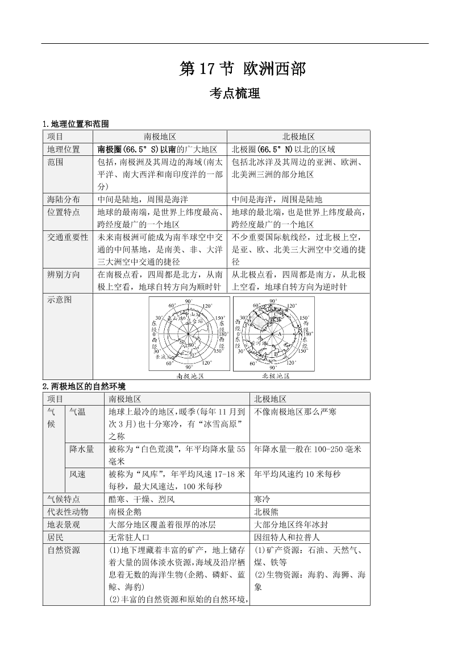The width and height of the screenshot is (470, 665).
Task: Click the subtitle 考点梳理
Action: point(235,94)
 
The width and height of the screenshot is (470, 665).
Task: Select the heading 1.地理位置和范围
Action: point(76,123)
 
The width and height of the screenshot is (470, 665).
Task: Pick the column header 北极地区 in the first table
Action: point(298,137)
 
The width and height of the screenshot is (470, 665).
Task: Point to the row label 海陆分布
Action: point(64,199)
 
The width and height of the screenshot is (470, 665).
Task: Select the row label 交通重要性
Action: point(68,237)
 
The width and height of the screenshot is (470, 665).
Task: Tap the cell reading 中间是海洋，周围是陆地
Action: point(277,199)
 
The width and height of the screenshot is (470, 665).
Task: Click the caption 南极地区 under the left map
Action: point(190,375)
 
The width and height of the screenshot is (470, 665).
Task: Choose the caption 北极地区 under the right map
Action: point(276,375)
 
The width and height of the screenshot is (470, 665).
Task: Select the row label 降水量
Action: point(82,449)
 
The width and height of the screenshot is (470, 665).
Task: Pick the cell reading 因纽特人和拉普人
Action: point(287,536)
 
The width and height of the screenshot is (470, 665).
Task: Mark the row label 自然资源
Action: point(64,550)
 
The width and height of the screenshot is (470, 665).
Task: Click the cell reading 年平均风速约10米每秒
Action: point(297,474)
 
